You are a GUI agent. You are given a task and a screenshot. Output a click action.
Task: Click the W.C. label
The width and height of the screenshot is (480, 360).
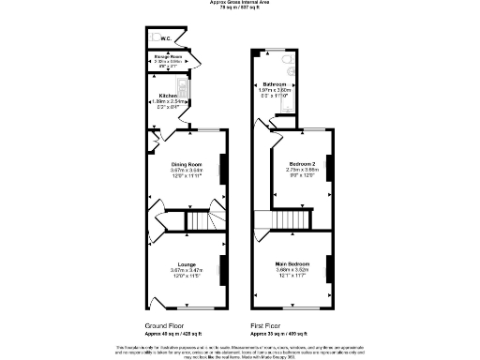pyautogui.click(x=165, y=38)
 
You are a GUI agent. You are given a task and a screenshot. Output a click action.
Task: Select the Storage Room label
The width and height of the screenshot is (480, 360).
pyautogui.click(x=168, y=57)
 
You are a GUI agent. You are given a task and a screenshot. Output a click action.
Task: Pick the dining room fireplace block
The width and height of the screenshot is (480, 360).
pyautogui.click(x=223, y=171)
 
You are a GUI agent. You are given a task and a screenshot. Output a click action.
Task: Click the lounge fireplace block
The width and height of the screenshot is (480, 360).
pyautogui.click(x=223, y=270)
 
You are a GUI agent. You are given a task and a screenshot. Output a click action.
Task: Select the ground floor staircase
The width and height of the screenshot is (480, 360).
pyautogui.click(x=200, y=221)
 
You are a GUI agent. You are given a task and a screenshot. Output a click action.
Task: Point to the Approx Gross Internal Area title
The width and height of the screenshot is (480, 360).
pyautogui.click(x=239, y=3)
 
